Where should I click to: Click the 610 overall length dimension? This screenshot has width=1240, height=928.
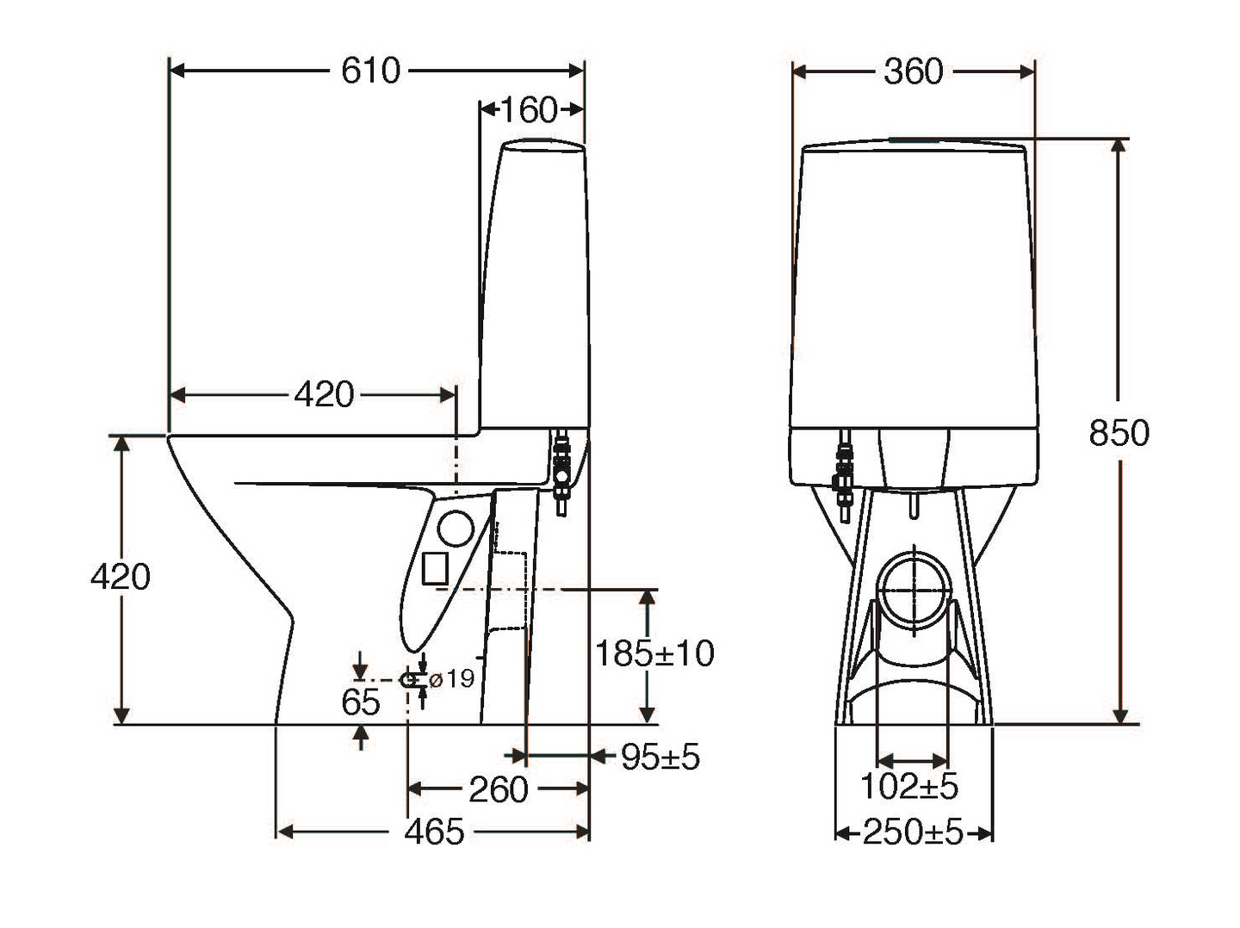tap(370, 71)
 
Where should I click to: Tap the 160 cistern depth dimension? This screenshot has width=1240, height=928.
tap(529, 109)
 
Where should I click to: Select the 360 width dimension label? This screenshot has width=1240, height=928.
tap(914, 71)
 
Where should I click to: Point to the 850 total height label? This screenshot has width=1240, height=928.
tap(1119, 433)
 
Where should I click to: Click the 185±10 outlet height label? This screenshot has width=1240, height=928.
tap(654, 653)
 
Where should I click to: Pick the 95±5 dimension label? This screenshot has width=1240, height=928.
tap(660, 757)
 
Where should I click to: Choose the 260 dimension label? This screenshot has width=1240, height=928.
tap(499, 789)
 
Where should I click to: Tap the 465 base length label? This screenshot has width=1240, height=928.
tap(434, 832)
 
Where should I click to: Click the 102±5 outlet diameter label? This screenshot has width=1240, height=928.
tap(909, 786)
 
